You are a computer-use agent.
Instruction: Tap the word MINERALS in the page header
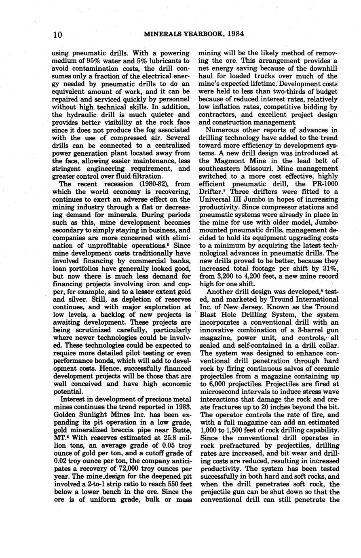pyautogui.click(x=160, y=34)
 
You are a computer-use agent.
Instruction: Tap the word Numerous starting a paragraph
pyautogui.click(x=223, y=130)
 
